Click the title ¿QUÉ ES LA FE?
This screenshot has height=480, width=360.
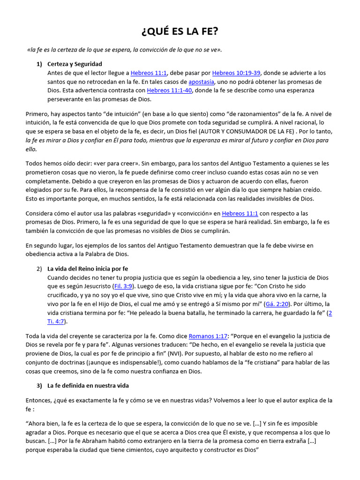[x=180, y=31]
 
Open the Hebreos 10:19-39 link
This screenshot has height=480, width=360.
[x=236, y=73]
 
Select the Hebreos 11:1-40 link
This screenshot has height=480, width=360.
[x=169, y=90]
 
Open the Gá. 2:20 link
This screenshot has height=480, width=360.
[x=275, y=304]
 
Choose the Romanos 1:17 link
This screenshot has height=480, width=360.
[x=208, y=336]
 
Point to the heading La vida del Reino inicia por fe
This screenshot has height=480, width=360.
[x=88, y=269]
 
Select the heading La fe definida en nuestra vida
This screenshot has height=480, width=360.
[x=88, y=385]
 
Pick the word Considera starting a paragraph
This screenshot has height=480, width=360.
[x=40, y=213]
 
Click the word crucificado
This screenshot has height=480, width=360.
[x=64, y=295]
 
